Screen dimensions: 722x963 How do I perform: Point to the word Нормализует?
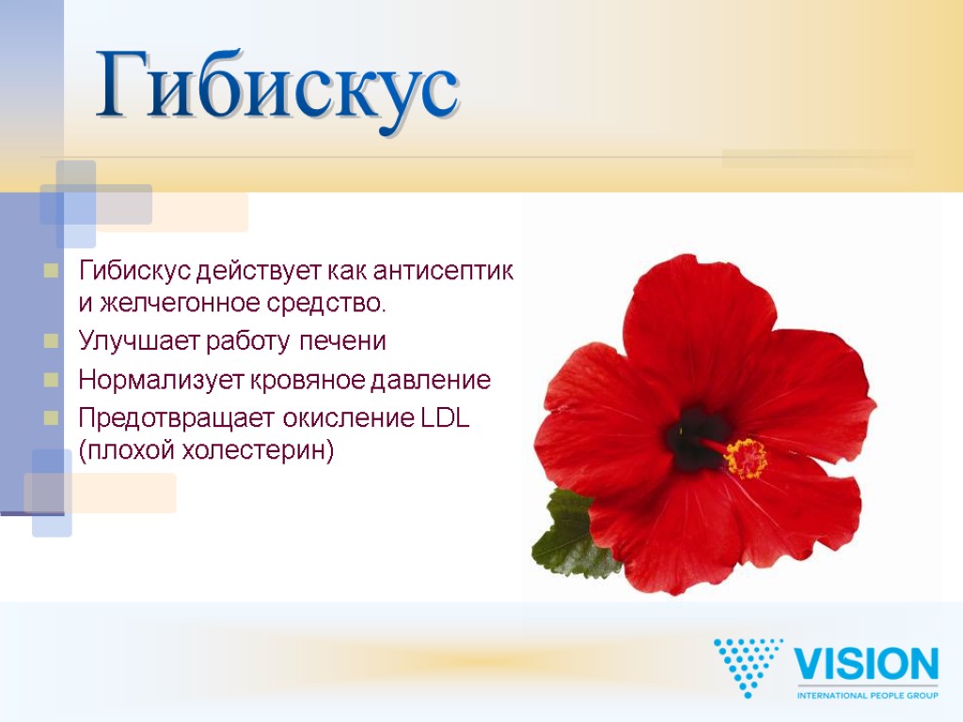click(160, 381)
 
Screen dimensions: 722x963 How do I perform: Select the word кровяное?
click(308, 381)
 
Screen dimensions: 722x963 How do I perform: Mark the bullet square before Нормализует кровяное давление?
click(51, 380)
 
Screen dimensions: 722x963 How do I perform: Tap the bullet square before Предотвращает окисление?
click(51, 416)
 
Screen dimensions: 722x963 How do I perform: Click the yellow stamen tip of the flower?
click(746, 459)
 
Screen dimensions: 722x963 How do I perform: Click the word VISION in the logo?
click(866, 665)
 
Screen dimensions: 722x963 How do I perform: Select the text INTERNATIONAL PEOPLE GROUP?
click(866, 695)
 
